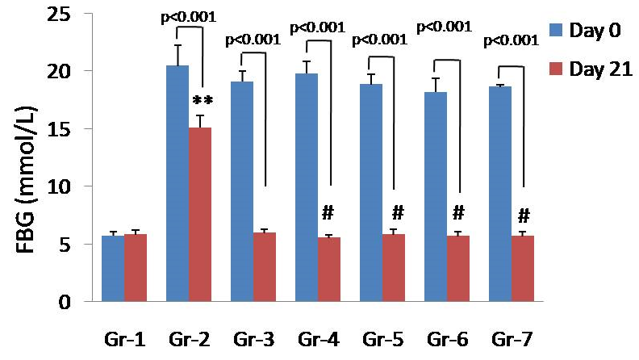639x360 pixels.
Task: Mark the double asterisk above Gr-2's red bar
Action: pyautogui.click(x=203, y=102)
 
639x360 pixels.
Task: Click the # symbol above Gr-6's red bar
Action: pyautogui.click(x=458, y=214)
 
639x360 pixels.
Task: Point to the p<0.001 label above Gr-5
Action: pyautogui.click(x=380, y=39)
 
